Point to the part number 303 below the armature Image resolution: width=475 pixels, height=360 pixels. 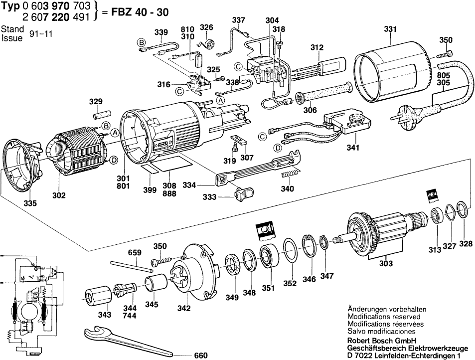[385, 263]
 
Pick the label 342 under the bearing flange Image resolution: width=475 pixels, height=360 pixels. [184, 308]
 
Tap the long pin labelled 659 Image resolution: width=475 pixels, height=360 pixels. [131, 265]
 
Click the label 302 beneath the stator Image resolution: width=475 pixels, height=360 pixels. [59, 195]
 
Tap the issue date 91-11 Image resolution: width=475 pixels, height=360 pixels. [41, 34]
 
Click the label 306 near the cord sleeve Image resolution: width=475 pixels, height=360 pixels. [310, 111]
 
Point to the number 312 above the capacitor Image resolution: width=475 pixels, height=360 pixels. [317, 47]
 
